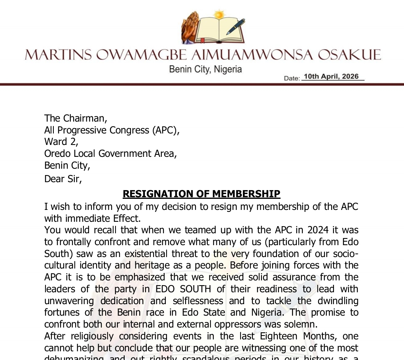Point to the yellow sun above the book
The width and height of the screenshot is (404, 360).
[218, 15]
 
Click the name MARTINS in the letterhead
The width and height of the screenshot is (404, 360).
[59, 55]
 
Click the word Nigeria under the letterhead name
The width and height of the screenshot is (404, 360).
[228, 69]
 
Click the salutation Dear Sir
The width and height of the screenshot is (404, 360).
[63, 179]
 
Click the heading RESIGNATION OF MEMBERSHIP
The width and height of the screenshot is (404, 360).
[201, 194]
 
